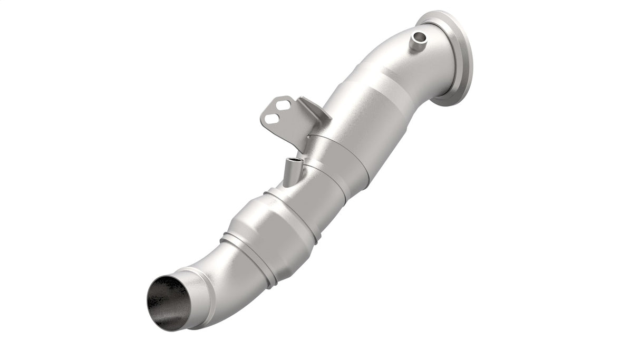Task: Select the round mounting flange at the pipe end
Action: pos(454,59)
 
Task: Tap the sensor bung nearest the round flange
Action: pos(419,41)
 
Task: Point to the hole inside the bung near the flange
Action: pos(420,36)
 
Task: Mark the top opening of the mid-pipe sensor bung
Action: pos(293,161)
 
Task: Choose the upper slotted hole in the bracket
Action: pos(283,105)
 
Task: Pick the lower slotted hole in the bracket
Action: pos(272,119)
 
